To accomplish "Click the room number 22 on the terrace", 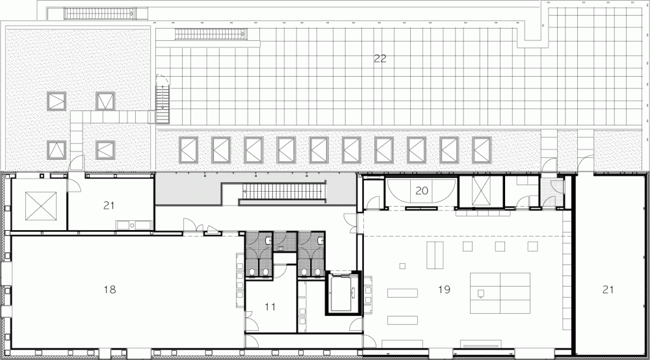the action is click(x=380, y=58).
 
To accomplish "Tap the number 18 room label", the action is click(x=109, y=289).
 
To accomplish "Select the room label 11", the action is click(x=270, y=307).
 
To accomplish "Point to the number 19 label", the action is click(x=444, y=289).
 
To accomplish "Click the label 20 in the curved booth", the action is click(x=421, y=190).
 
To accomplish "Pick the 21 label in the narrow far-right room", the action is click(x=607, y=289).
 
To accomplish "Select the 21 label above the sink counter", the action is click(x=109, y=205).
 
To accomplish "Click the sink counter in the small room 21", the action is click(x=133, y=225).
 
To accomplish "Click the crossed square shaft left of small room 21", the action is click(x=40, y=206).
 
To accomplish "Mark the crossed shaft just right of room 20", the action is click(x=481, y=190).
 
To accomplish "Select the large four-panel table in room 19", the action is click(x=500, y=293).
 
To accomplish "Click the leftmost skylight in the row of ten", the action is click(x=188, y=150).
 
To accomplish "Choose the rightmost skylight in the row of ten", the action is click(x=482, y=150).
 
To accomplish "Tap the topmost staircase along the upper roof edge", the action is click(x=99, y=14).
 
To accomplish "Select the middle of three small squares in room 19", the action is click(x=499, y=246).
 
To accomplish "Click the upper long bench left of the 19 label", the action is click(x=402, y=293).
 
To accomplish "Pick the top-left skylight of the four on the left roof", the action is click(x=57, y=101).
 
